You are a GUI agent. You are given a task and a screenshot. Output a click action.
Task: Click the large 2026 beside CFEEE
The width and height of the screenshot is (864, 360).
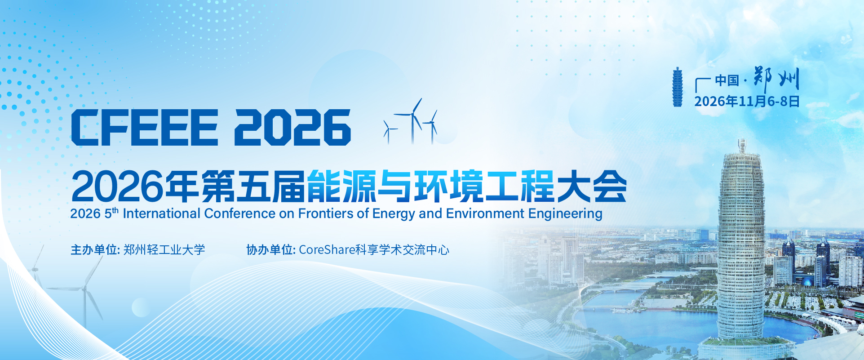coord(292,127)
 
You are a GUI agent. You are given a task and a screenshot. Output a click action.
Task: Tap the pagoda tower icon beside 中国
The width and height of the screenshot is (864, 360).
coord(677,87)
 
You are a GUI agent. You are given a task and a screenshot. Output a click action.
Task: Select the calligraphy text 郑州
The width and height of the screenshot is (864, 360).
coord(776,80)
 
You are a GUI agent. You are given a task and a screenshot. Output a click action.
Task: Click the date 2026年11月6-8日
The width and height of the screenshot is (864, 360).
coord(747,101)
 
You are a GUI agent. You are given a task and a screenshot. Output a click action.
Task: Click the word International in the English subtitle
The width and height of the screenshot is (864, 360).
coord(161,213)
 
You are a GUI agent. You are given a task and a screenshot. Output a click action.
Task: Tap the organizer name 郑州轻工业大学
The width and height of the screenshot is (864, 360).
coord(164,249)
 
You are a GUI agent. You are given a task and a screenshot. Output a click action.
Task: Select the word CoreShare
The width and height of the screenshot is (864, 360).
coord(327,249)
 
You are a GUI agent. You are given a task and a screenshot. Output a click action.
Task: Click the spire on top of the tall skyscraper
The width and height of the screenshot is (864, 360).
coord(742,146)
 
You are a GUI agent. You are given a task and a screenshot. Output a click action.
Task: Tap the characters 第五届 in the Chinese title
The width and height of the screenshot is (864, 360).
coord(253,186)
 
